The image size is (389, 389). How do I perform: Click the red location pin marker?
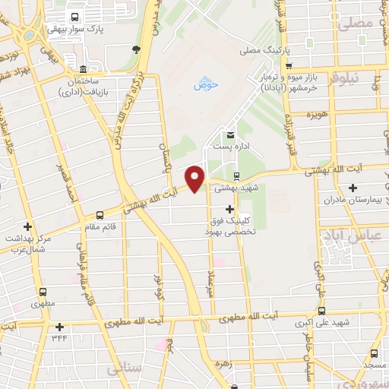point(195,178)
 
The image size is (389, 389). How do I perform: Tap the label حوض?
point(206,85)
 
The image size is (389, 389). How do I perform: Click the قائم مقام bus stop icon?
point(101,216)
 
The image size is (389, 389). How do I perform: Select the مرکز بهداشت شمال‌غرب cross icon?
point(28,226)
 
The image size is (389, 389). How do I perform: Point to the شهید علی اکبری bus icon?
point(321,311)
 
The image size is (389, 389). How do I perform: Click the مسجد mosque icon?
point(373,353)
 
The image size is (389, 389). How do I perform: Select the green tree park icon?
point(135,50)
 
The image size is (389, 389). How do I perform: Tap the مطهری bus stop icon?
point(43,291)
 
